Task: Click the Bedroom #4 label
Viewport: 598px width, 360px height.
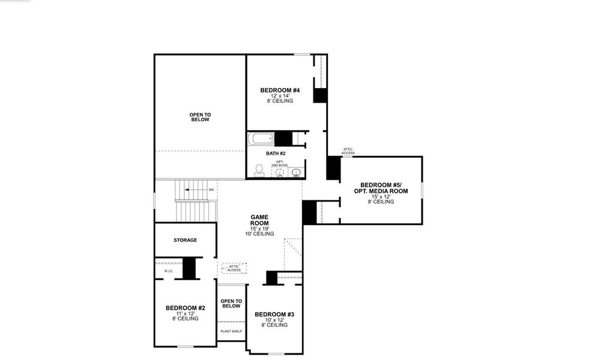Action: [280, 90]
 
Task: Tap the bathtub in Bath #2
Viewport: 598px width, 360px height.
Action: [262, 139]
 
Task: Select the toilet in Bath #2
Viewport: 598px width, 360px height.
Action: [259, 171]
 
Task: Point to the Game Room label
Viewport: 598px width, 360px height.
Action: [259, 220]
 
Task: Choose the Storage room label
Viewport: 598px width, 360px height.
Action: [185, 240]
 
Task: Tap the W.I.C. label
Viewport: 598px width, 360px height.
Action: [168, 271]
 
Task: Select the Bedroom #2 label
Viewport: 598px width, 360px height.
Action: [185, 308]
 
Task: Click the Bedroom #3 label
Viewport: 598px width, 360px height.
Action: [274, 314]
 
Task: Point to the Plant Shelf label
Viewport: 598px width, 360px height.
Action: [231, 331]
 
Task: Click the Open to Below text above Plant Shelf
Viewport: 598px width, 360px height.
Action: [231, 304]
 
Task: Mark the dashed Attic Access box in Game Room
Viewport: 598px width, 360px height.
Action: [234, 268]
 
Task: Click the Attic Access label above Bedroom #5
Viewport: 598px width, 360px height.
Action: [348, 151]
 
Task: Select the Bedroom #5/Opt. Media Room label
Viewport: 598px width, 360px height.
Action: [384, 188]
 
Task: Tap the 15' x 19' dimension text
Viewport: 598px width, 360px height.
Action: [259, 229]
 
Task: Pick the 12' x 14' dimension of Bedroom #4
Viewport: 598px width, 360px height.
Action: [280, 96]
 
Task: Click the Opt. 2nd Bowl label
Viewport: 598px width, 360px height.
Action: [280, 163]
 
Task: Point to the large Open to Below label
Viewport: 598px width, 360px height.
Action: [200, 117]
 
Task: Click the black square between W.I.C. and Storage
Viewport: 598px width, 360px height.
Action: [190, 268]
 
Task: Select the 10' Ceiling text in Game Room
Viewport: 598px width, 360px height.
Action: [259, 233]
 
